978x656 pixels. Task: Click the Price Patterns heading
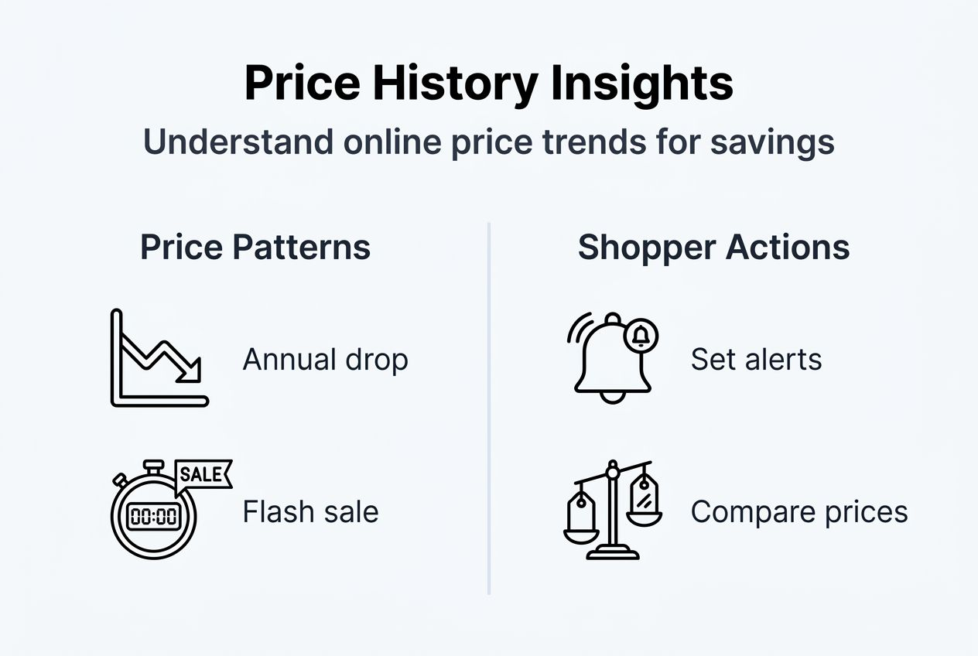[x=255, y=248]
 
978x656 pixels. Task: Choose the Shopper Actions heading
[x=713, y=248]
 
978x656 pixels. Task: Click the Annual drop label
[x=325, y=360]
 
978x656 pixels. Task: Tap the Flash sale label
[x=310, y=512]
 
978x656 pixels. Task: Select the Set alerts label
[x=756, y=360]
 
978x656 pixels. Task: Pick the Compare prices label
[x=799, y=512]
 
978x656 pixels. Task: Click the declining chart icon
[x=159, y=358]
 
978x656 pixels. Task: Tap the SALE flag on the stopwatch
[x=204, y=474]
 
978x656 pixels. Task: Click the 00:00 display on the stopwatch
[x=154, y=517]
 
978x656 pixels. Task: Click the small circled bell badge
[x=641, y=335]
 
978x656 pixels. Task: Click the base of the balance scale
[x=613, y=552]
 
